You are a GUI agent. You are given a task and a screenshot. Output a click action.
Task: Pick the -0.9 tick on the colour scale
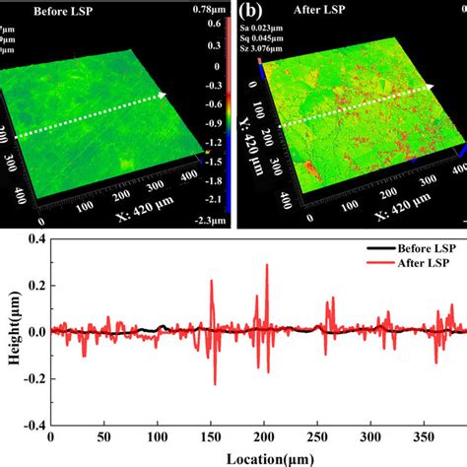point(212,123)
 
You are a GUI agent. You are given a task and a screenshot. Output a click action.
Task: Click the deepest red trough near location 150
point(215,383)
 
